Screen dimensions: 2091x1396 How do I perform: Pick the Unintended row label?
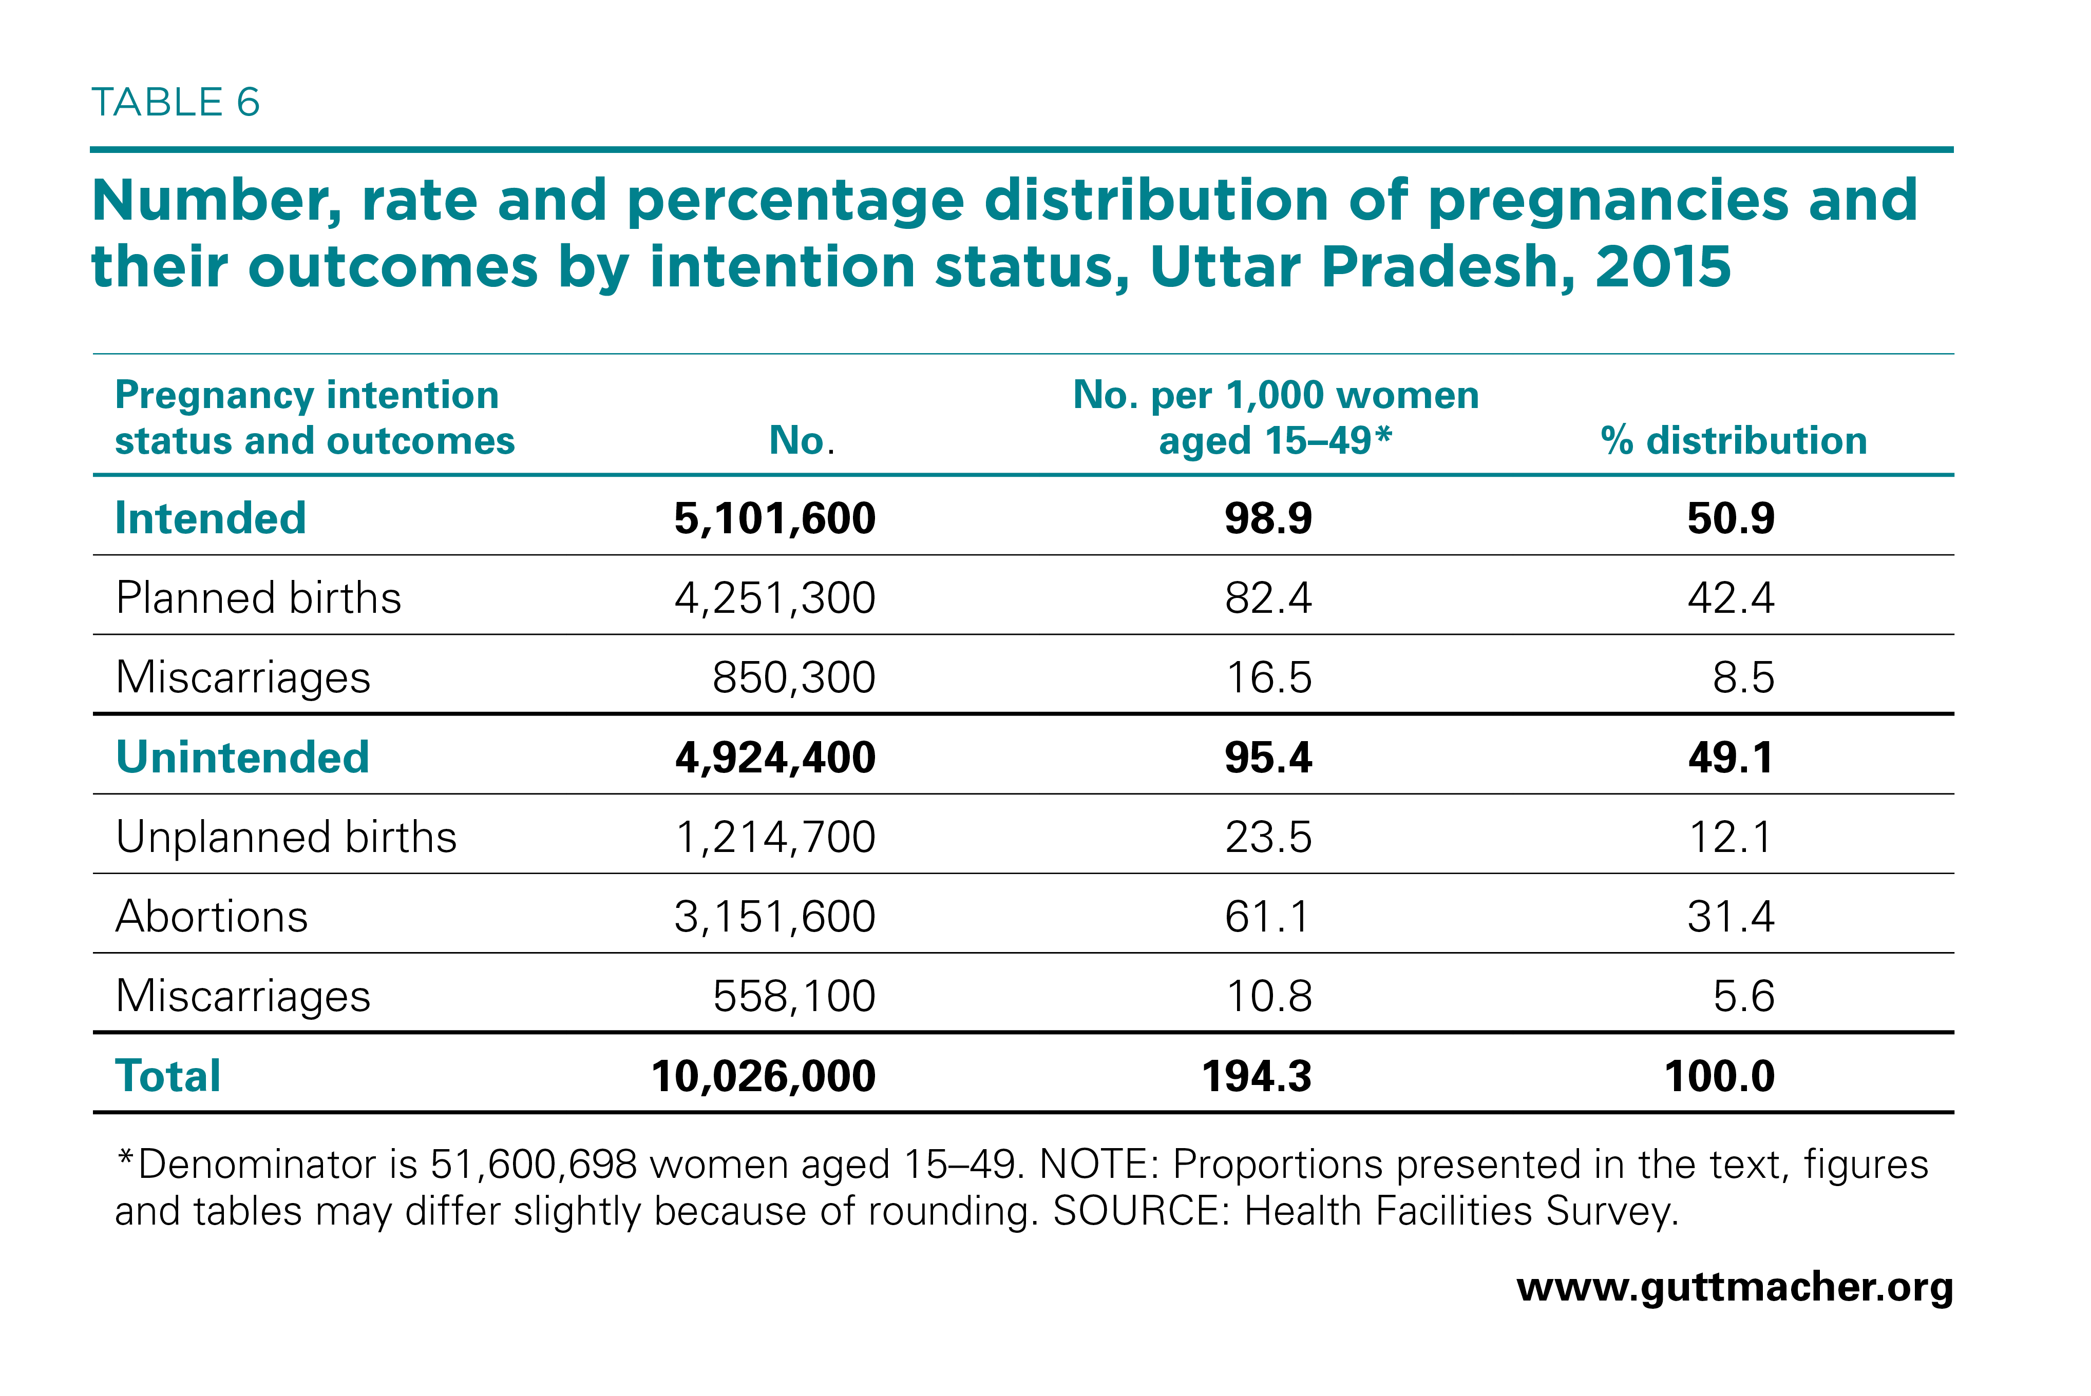click(242, 758)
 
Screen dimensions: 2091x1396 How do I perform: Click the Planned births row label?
click(258, 597)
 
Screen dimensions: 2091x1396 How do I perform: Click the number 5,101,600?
click(775, 519)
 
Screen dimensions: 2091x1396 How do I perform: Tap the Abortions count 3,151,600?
click(775, 917)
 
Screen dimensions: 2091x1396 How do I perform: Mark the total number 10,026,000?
click(763, 1076)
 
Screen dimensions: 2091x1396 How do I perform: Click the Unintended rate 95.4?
click(1268, 758)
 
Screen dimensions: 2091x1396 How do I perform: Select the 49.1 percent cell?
click(1731, 758)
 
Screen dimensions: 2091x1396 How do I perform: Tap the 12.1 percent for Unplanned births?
click(1731, 837)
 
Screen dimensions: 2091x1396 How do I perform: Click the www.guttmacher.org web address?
click(1735, 1287)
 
